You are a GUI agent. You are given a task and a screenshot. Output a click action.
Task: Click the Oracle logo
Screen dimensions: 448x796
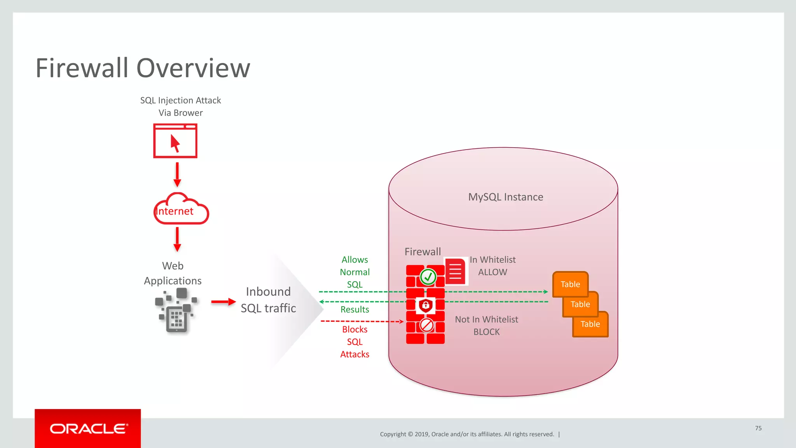click(88, 429)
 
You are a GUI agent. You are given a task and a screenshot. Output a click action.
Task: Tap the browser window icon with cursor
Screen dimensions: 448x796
click(175, 141)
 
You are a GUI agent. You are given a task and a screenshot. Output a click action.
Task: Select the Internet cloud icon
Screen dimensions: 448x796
click(181, 210)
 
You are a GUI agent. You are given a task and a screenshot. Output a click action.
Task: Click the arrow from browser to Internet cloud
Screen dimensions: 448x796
click(177, 174)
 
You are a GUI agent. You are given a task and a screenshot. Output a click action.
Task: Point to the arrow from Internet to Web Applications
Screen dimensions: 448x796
click(177, 239)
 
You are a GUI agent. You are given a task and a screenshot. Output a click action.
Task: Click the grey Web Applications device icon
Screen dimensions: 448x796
click(177, 311)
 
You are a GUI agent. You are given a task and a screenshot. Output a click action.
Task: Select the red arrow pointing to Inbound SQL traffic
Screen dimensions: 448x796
click(223, 302)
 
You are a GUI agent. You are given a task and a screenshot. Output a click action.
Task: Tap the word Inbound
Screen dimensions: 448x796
click(268, 291)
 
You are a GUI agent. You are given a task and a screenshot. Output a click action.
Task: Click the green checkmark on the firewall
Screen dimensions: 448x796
click(428, 277)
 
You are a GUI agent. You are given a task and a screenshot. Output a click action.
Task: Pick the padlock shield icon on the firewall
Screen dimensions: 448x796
click(426, 305)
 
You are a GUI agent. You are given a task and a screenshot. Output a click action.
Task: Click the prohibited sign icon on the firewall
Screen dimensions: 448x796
click(427, 325)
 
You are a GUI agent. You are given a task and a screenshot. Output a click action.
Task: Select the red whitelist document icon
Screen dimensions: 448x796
click(455, 271)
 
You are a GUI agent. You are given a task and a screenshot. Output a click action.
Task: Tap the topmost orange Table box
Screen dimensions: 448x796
click(570, 284)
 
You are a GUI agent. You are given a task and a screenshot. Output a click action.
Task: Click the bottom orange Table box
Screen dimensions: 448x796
click(590, 324)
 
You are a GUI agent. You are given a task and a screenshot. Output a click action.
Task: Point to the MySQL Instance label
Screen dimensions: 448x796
click(505, 197)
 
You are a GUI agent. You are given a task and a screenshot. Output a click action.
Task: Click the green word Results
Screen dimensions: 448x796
click(354, 310)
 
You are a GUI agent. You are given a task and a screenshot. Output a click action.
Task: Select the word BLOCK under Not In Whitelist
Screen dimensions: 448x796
click(486, 332)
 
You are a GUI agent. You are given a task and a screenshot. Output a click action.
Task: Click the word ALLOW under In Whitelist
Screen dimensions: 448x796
click(492, 272)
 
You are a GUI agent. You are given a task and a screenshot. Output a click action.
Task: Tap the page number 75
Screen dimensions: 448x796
click(758, 428)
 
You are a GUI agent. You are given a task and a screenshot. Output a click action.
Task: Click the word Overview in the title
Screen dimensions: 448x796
click(193, 68)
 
